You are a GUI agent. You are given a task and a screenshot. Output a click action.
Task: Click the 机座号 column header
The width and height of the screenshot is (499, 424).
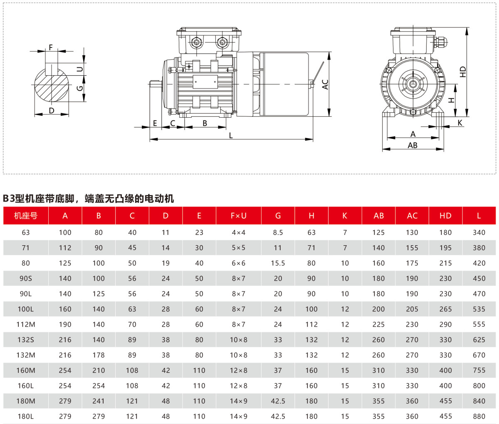(26, 216)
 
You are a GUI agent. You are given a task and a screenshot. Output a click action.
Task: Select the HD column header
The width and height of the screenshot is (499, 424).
(445, 216)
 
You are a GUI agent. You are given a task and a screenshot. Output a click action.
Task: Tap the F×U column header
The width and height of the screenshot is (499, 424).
(238, 216)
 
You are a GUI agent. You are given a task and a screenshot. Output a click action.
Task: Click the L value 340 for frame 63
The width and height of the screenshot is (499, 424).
(479, 232)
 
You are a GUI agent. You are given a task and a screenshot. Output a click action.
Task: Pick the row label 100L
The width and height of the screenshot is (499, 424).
(26, 309)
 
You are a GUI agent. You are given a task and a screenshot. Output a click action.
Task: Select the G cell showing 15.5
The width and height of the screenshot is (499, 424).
(278, 263)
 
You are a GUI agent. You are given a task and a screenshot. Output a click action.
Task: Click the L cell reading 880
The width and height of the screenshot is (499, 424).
(479, 416)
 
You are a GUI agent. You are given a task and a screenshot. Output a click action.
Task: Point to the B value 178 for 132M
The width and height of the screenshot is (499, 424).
(99, 355)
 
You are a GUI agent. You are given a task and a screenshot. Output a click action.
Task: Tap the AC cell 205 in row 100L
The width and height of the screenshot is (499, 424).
(412, 309)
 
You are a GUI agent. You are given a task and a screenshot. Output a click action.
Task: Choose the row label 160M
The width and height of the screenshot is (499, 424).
(26, 370)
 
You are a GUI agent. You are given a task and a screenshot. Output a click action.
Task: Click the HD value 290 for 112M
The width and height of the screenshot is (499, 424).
(445, 324)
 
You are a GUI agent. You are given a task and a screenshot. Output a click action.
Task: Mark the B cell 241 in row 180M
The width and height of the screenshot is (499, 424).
(99, 401)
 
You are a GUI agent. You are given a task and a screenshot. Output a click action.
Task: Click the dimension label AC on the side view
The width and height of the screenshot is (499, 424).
(325, 84)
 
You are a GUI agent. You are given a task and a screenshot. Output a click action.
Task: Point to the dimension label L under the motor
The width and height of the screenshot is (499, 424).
(231, 136)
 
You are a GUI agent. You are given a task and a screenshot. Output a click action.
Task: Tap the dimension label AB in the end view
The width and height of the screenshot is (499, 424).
(413, 145)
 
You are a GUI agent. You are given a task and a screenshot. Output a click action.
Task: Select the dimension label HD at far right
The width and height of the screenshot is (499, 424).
(463, 71)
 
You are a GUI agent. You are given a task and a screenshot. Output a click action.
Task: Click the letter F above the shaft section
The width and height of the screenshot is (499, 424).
(51, 47)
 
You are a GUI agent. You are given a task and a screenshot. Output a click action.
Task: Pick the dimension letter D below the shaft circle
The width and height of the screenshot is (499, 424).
(52, 111)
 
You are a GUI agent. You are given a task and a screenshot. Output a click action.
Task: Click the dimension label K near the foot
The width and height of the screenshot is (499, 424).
(460, 123)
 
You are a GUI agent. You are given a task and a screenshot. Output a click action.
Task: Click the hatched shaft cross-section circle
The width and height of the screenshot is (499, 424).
(52, 87)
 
